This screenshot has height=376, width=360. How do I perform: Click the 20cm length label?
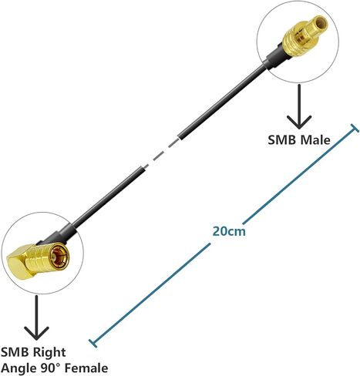tap(229, 231)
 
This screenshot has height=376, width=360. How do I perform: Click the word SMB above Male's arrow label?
tap(282, 140)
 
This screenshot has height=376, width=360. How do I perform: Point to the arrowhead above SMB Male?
tap(299, 123)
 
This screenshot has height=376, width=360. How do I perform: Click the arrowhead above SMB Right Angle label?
tap(36, 333)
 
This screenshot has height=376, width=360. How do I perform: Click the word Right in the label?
tap(49, 352)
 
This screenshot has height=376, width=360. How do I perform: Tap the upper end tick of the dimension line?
tap(355, 128)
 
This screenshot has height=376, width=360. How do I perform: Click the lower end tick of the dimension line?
tap(93, 344)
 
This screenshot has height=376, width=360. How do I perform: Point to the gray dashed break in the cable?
tap(161, 153)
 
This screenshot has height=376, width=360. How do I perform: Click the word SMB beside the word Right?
tap(15, 352)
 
